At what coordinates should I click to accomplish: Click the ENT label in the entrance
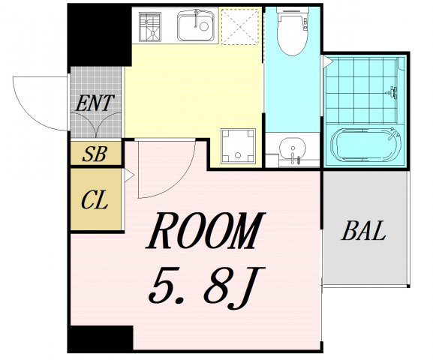point(95,103)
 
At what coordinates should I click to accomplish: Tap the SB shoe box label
point(95,154)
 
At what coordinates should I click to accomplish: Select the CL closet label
point(95,200)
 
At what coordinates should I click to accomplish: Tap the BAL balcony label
point(363,230)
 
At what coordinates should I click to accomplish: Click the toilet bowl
point(292,31)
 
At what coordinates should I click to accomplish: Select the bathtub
point(365,145)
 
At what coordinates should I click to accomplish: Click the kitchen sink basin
point(196,26)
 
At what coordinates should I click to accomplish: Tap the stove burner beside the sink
point(149,26)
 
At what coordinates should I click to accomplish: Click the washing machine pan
point(238,146)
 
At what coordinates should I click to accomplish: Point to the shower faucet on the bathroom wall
point(393,92)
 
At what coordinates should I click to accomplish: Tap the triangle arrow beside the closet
point(129,175)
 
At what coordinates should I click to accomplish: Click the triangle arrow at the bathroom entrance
point(327,61)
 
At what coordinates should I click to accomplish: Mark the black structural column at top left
point(99,34)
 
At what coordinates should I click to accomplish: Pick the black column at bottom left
point(101,338)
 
